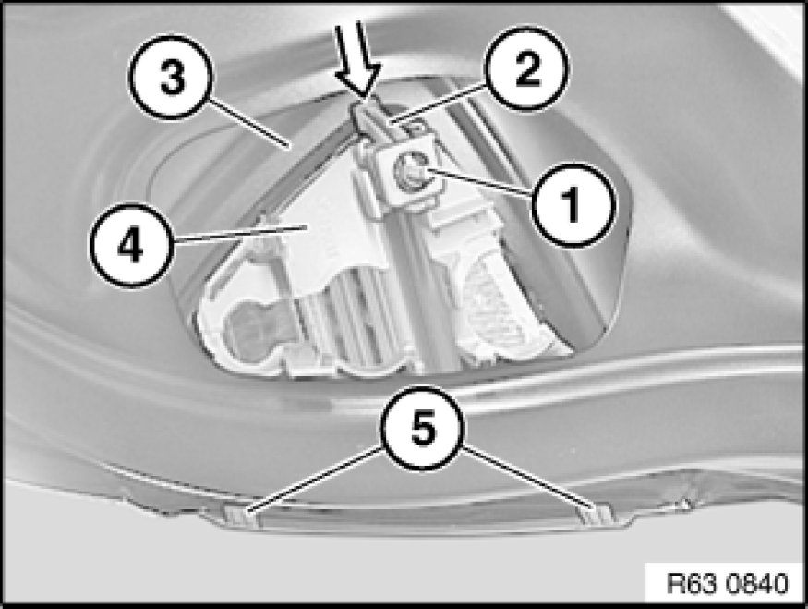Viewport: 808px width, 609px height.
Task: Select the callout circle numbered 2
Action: click(x=526, y=67)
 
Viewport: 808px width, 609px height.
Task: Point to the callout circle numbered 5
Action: click(x=423, y=428)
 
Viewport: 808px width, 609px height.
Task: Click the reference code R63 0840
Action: click(x=728, y=583)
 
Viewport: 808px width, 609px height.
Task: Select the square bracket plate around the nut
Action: click(x=407, y=175)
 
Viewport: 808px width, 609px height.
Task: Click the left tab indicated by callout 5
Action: click(x=241, y=515)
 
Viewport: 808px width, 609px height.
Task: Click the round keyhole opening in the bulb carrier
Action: click(x=251, y=329)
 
